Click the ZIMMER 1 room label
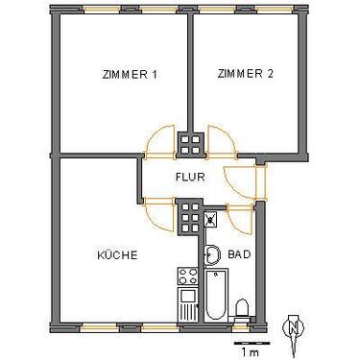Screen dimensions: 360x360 [x=128, y=75]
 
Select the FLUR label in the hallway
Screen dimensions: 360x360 [x=187, y=177]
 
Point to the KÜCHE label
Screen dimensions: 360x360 [x=117, y=255]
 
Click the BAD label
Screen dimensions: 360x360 [x=238, y=255]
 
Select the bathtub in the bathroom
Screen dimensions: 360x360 [x=216, y=298]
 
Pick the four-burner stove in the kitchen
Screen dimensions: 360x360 [x=186, y=279]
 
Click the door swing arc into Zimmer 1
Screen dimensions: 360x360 [x=160, y=143]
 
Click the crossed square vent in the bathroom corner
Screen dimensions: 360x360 [x=211, y=218]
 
